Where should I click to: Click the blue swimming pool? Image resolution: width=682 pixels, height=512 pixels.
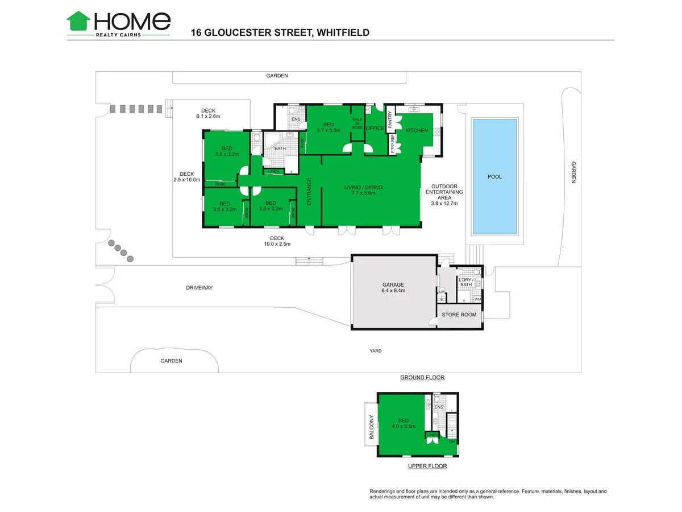coord(494,176)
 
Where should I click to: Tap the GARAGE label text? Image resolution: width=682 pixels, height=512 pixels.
coord(393,284)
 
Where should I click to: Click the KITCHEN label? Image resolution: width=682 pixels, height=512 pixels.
coord(416,131)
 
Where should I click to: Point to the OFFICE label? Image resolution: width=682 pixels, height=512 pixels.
coord(375,129)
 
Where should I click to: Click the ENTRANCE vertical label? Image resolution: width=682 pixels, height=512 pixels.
coord(309,192)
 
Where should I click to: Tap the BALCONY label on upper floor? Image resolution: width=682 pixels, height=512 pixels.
coord(372,427)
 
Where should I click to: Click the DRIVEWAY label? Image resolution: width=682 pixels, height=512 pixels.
coord(199,288)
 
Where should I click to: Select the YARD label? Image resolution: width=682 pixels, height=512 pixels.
coord(375,351)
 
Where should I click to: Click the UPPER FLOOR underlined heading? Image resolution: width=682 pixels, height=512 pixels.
coord(427,466)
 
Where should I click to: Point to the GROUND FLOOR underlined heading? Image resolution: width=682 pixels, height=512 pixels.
coord(422,377)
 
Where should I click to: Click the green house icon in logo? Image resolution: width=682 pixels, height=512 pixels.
coord(78,21)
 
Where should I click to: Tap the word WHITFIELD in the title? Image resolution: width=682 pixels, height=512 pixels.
coord(342,32)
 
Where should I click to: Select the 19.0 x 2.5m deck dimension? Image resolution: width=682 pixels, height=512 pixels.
coord(277,244)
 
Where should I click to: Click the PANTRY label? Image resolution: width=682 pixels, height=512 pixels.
coord(390,120)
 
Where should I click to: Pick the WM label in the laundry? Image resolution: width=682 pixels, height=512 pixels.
coord(477,299)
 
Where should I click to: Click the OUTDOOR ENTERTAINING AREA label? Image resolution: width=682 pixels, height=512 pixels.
coord(444,195)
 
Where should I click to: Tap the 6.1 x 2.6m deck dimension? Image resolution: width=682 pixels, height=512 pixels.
coord(208,116)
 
